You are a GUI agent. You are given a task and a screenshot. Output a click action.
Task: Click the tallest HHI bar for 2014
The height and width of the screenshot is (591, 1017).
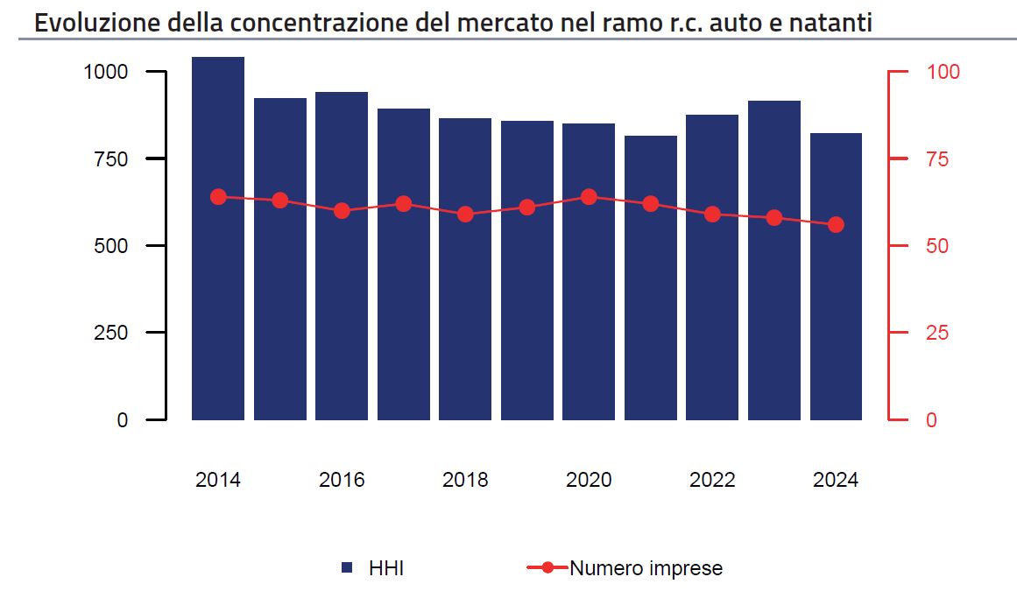[x=218, y=238]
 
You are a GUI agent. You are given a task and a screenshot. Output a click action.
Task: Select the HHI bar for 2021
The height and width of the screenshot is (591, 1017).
[x=651, y=278]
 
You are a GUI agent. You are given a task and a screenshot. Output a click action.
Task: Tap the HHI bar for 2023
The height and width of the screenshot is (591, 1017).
[x=773, y=261]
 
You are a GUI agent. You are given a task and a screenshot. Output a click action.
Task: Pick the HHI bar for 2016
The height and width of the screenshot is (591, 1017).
[x=342, y=256]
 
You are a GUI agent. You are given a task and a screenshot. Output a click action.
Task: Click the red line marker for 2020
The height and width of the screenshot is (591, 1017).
[x=589, y=197]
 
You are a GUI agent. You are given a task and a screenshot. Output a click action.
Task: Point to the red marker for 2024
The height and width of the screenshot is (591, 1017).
[x=836, y=225]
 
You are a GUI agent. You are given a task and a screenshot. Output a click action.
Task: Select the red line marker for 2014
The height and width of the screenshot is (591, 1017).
[x=219, y=197]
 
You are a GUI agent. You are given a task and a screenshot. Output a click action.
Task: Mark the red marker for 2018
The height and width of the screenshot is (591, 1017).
[x=465, y=215]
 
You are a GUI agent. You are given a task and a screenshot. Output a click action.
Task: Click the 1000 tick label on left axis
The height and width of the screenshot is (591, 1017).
[x=106, y=72]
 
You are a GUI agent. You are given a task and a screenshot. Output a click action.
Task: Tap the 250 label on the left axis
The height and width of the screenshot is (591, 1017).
[x=111, y=333]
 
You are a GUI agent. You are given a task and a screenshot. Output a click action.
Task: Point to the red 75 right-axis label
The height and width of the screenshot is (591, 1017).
[x=937, y=158]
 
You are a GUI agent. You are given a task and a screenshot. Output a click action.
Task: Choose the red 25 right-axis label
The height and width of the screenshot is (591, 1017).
[x=937, y=333]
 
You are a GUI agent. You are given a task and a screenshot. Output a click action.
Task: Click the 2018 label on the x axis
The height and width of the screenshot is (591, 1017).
[x=465, y=480]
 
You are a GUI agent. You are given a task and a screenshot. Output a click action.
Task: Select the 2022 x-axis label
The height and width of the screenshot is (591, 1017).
[x=712, y=480]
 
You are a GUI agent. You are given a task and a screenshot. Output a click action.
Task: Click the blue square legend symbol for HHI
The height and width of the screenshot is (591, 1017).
[x=347, y=567]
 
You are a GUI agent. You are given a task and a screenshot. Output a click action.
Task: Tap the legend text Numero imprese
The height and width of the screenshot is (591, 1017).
[x=646, y=568]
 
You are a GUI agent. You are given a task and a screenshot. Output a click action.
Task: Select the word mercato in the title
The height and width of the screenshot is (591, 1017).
[x=505, y=24]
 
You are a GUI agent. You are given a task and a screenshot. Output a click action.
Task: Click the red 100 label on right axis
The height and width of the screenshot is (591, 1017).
[x=943, y=72]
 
